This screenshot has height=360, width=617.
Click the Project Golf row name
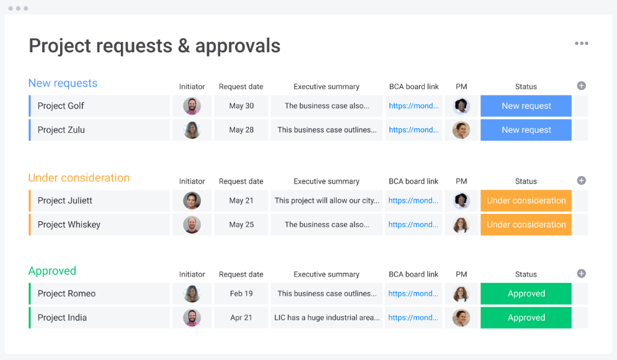click(61, 106)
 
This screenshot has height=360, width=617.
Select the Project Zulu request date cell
click(241, 130)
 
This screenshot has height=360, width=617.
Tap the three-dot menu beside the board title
click(581, 43)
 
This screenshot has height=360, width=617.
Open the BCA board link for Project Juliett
click(413, 201)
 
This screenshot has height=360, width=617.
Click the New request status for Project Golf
click(526, 106)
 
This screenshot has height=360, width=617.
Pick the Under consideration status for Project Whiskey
click(526, 225)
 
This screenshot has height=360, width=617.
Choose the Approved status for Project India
click(526, 318)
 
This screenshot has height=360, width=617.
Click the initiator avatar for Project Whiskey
click(192, 225)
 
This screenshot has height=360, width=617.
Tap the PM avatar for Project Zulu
click(461, 130)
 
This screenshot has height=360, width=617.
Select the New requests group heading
click(63, 83)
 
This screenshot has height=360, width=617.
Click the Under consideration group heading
click(79, 178)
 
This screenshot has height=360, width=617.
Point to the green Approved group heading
click(52, 271)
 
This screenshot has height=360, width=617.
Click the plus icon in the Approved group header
click(581, 273)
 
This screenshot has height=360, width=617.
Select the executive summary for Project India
click(327, 318)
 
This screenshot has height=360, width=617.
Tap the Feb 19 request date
click(241, 294)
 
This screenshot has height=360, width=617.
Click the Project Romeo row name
click(66, 294)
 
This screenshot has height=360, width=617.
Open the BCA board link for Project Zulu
click(414, 130)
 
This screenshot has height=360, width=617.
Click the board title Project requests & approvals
click(155, 46)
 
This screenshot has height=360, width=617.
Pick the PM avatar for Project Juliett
click(461, 201)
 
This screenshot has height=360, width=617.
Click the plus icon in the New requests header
click(581, 86)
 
